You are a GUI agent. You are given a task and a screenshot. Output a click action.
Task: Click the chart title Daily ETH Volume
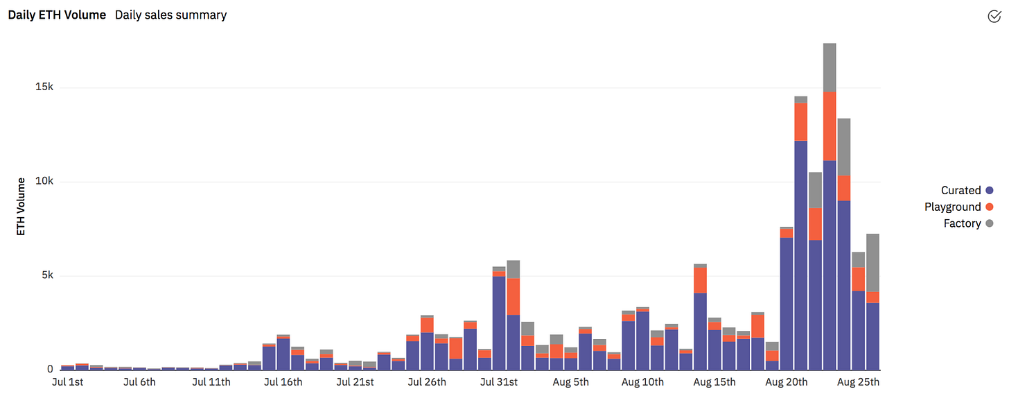click(57, 15)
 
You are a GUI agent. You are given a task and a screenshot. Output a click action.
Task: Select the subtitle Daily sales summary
click(170, 15)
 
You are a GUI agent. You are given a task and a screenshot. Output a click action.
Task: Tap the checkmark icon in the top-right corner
click(994, 16)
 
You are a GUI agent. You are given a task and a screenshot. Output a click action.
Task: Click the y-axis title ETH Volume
click(21, 206)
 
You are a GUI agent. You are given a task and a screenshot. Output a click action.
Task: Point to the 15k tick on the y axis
click(45, 87)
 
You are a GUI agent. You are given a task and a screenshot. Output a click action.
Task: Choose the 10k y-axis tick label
click(45, 182)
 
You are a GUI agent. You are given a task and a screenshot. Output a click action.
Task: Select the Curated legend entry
click(960, 190)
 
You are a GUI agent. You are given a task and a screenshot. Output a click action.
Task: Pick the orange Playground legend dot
click(989, 207)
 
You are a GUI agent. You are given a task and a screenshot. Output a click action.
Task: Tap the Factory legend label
click(962, 223)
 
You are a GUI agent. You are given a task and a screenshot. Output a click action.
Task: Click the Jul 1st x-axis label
click(68, 382)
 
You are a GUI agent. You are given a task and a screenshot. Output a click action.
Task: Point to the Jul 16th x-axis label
click(283, 382)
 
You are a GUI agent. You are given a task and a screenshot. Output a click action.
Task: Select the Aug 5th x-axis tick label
click(571, 382)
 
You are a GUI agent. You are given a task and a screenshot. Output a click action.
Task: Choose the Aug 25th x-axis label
click(858, 382)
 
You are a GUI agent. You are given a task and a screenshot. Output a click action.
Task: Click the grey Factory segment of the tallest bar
click(830, 67)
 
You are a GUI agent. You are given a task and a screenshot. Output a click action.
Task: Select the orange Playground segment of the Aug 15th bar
click(701, 280)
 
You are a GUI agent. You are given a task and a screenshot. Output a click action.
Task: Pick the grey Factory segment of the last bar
click(872, 263)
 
